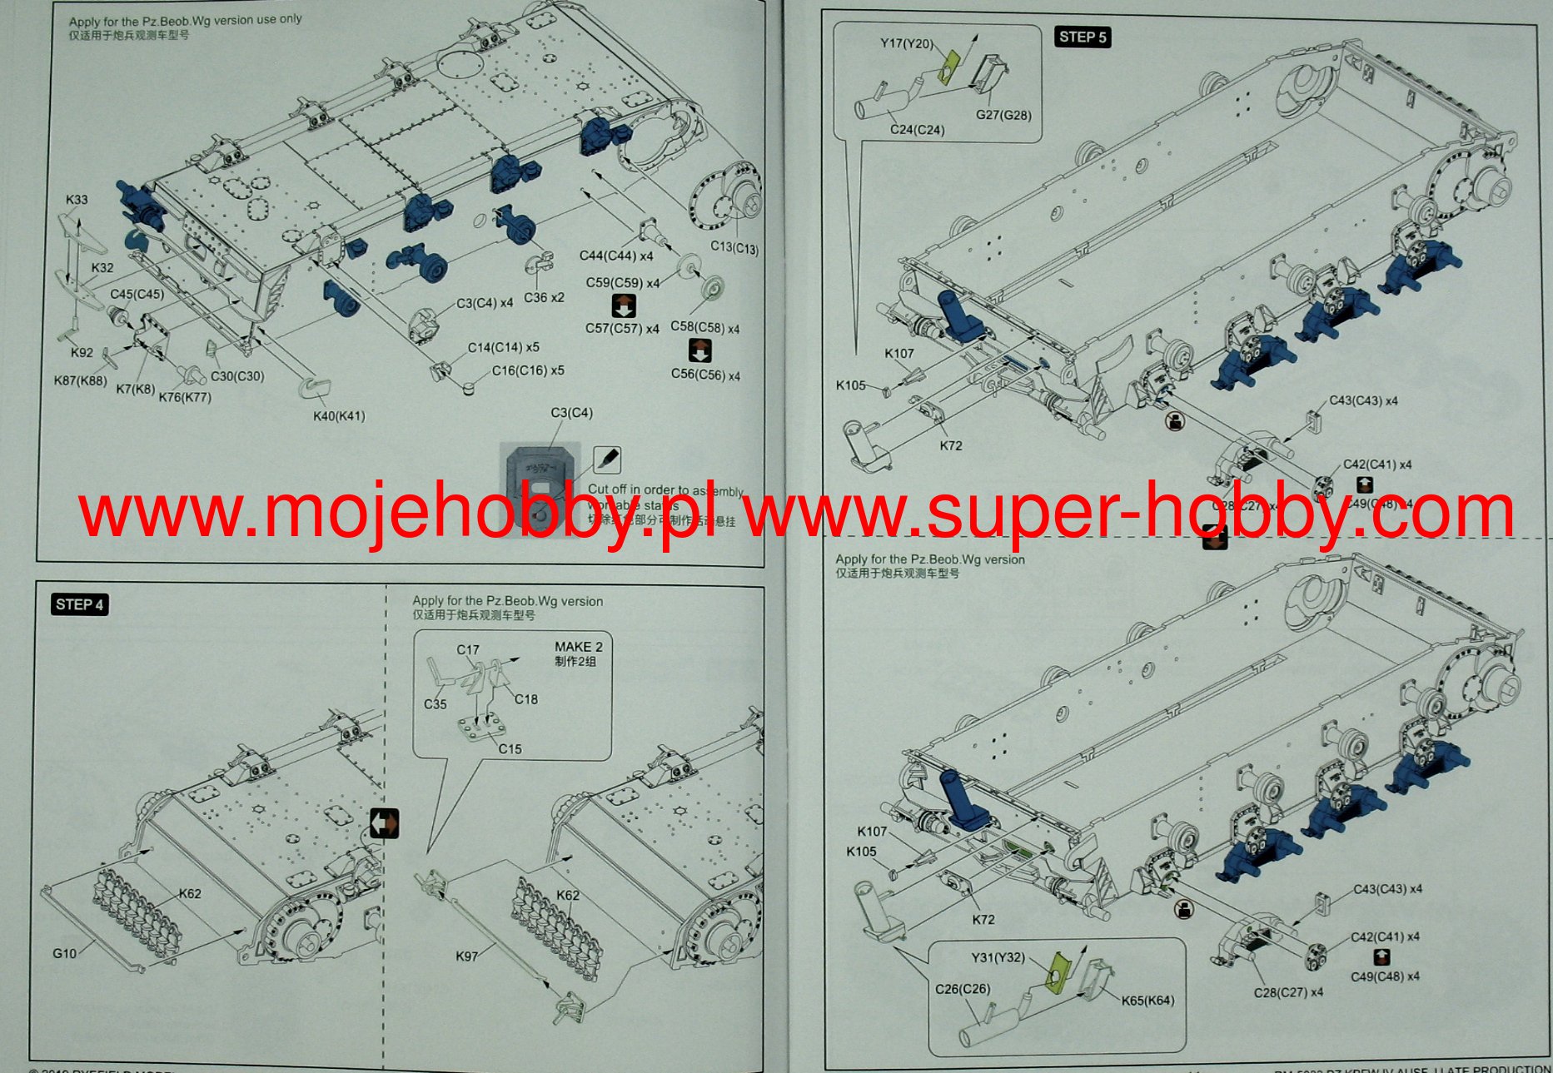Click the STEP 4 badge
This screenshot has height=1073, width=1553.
[x=80, y=605]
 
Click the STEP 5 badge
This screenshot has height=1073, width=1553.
[x=1083, y=37]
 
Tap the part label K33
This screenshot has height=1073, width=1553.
[x=77, y=200]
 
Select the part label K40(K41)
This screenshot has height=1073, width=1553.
[x=339, y=416]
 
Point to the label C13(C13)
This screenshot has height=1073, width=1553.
[x=734, y=247]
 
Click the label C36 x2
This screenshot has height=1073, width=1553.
[x=544, y=298]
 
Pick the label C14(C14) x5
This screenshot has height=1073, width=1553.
[x=503, y=347]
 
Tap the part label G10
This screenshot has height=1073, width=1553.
[x=64, y=954]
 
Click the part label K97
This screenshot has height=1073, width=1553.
[x=467, y=956]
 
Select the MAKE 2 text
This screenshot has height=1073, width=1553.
[x=579, y=647]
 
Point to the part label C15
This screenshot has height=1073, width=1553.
[x=510, y=749]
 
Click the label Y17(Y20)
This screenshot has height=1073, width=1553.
[x=907, y=43]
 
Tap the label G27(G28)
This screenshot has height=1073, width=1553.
[x=1003, y=115]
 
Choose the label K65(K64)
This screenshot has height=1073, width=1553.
[x=1147, y=1001]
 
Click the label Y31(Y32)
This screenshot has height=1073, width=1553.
[x=998, y=957]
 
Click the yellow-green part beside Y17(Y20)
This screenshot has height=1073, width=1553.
[x=948, y=67]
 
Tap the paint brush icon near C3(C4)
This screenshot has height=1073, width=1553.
[x=607, y=459]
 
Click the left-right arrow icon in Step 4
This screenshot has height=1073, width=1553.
[x=384, y=824]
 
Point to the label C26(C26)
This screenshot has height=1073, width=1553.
[x=963, y=989]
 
